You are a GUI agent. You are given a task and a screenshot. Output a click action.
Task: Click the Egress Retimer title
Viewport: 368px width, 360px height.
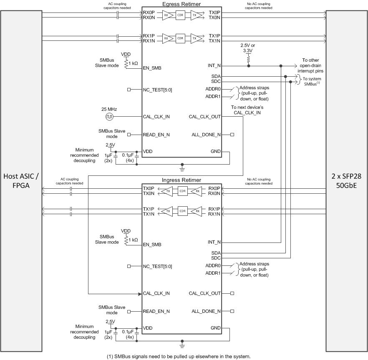tap(182, 4)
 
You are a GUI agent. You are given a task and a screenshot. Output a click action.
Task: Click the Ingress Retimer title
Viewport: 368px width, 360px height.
tap(182, 180)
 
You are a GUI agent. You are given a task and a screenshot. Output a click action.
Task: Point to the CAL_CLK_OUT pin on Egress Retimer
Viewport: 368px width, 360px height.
tap(204, 117)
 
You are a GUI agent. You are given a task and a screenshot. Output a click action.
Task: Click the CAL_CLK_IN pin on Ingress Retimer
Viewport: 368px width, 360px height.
tap(156, 293)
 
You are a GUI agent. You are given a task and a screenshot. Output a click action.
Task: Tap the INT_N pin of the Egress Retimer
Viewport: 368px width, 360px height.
tap(214, 66)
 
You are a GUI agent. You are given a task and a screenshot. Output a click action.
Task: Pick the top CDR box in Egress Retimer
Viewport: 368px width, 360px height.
tap(180, 15)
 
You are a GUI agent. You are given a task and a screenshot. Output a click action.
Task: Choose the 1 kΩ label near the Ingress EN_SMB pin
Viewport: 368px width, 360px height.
tap(133, 240)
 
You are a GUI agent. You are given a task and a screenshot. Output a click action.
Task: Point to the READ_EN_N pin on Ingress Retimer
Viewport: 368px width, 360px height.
tap(156, 311)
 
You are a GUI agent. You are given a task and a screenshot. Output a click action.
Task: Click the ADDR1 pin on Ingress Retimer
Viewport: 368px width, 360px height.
tap(213, 273)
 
